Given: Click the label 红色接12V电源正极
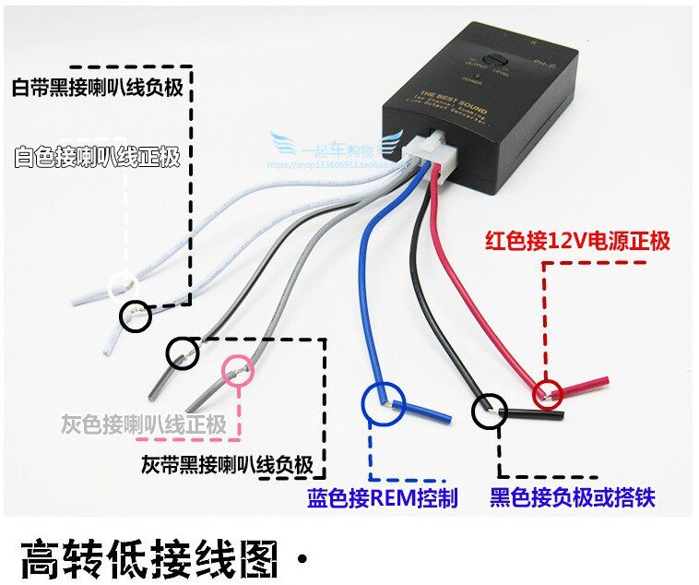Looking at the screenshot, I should coord(577,242).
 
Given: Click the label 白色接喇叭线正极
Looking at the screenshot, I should coord(97,155).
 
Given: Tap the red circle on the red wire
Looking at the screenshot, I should coord(548,394).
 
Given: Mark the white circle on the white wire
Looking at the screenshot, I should coord(122,285).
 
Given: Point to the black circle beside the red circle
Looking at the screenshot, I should coord(489,411).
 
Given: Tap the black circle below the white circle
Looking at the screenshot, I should coord(136,316).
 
